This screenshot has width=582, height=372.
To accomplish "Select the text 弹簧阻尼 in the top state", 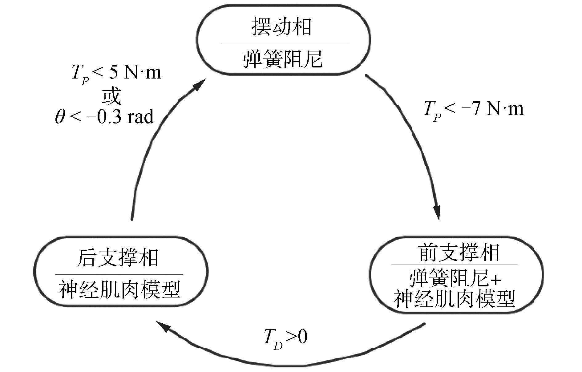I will (x=283, y=59).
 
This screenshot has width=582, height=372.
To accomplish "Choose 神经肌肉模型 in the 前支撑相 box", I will (x=455, y=299).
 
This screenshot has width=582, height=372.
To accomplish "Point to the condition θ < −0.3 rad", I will (x=104, y=117).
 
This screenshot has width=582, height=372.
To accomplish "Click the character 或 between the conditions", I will (x=111, y=96).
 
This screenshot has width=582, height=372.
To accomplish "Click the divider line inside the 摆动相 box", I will (x=285, y=44).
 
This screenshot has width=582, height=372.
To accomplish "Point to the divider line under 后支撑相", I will (x=119, y=274).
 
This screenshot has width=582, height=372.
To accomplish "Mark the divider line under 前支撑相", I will (x=455, y=264).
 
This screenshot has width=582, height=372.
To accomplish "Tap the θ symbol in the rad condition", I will (x=59, y=118).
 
